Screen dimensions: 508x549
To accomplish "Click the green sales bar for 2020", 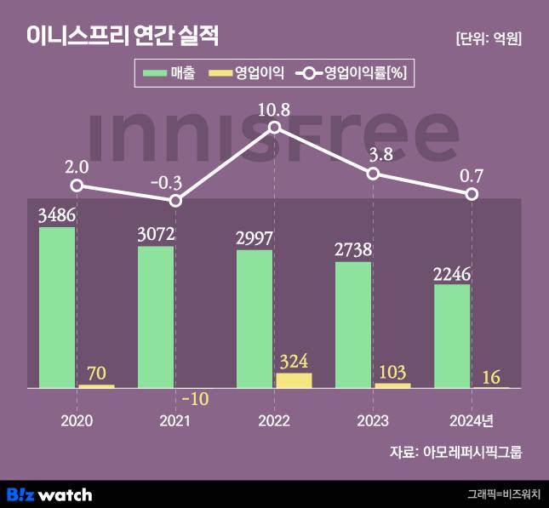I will [x=57, y=307].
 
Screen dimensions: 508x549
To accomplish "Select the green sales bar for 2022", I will [x=254, y=319].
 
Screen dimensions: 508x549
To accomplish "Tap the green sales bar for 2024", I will [x=452, y=336].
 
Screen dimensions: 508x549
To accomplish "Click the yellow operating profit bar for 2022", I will [x=294, y=380].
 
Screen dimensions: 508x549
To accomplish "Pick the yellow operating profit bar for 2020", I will [x=96, y=386].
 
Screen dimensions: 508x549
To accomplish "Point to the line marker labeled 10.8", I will [x=274, y=128].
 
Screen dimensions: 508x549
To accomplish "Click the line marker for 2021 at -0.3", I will [x=175, y=201].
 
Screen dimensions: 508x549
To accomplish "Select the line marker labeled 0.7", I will [x=472, y=194].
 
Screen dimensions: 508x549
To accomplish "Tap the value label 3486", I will [x=57, y=216].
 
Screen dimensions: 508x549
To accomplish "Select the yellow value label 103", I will [x=392, y=372].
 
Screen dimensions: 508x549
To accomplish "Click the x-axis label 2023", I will [x=373, y=421].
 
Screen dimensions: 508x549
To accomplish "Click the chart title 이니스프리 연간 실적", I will [x=123, y=37].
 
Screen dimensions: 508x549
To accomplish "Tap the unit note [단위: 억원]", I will [x=488, y=38].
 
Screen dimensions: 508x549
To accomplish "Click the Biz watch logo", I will [x=49, y=494].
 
